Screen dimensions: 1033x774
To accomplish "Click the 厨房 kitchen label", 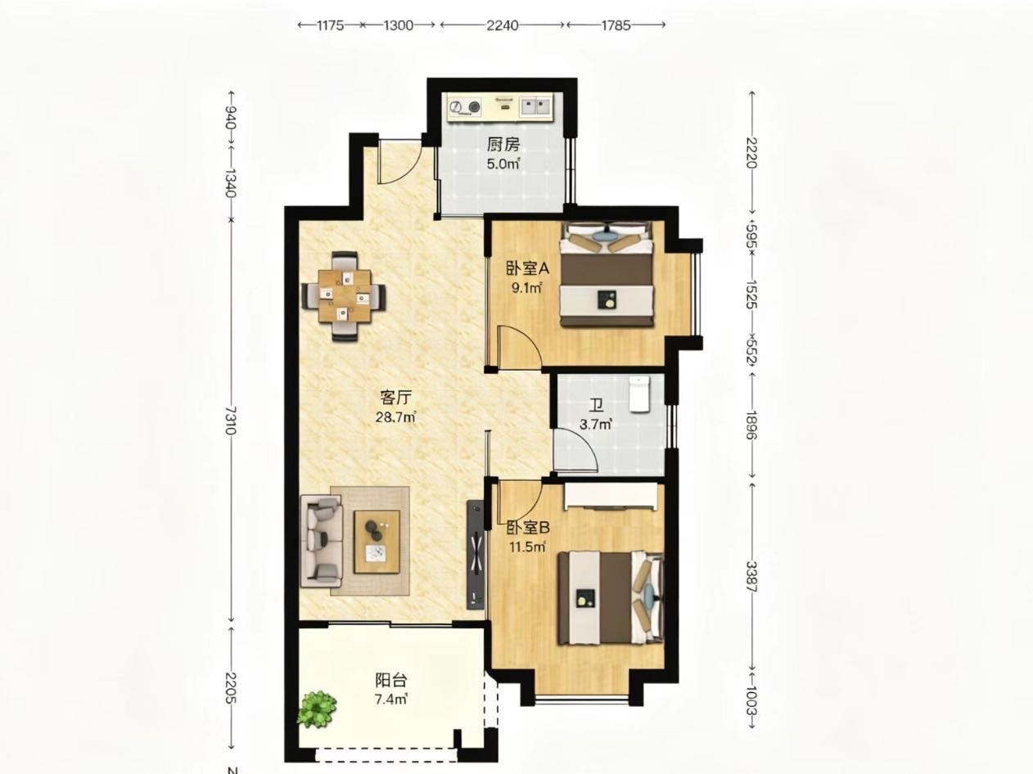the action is tap(503, 145).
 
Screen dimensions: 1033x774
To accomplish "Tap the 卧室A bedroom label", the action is tap(528, 268).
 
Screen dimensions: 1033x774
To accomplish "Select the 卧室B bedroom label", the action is tap(528, 528).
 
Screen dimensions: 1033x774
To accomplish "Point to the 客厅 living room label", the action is tap(395, 398).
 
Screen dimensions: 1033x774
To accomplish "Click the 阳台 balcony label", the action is tap(391, 680).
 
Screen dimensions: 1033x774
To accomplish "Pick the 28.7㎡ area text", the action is tap(395, 417).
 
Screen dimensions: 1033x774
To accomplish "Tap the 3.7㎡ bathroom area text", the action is tap(596, 425).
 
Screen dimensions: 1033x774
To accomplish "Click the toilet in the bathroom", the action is tap(639, 394).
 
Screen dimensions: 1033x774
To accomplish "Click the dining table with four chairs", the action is tap(344, 296).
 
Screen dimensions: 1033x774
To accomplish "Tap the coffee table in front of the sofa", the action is tap(377, 542).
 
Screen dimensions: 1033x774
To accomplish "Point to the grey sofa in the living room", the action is tap(322, 541).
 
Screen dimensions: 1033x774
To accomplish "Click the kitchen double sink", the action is tap(535, 106).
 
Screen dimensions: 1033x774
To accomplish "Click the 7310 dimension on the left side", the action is tap(230, 421).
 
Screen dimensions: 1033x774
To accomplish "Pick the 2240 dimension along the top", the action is tap(502, 25).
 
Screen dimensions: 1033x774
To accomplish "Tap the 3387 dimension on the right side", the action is tap(751, 577).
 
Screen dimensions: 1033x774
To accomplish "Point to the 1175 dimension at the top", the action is tap(331, 25).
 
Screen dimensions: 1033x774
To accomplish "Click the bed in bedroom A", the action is tap(607, 273).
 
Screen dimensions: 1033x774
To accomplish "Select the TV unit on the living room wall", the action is tap(475, 560).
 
